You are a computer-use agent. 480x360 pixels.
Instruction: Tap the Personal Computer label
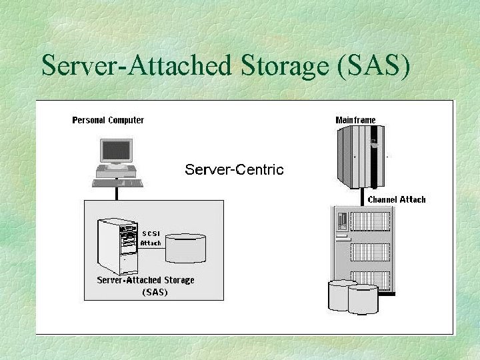[x=108, y=120]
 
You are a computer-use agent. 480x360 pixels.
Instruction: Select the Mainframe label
[x=355, y=120]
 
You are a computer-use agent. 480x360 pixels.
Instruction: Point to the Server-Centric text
[x=234, y=169]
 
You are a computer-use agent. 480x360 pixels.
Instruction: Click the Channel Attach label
[x=397, y=199]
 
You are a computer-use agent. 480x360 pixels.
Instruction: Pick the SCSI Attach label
[x=150, y=238]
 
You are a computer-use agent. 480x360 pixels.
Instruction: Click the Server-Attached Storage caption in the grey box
[x=145, y=280]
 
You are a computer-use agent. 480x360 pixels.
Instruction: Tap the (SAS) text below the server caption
[x=155, y=292]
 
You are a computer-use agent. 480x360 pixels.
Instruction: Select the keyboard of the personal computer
[x=117, y=182]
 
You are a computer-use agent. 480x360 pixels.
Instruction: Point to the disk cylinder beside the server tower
[x=185, y=247]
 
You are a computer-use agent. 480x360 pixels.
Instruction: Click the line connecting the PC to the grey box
[x=117, y=193]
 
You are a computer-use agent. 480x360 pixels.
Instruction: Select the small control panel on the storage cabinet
[x=342, y=221]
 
